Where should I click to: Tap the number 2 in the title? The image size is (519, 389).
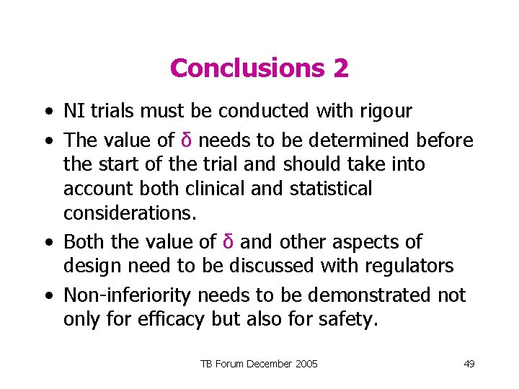tap(341, 68)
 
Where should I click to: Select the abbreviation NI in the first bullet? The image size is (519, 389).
tap(72, 111)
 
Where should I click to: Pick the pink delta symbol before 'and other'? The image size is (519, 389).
tap(228, 241)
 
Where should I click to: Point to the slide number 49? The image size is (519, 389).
tap(469, 364)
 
